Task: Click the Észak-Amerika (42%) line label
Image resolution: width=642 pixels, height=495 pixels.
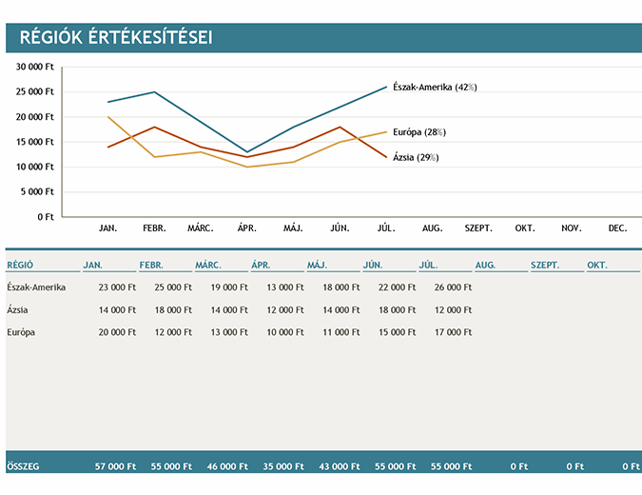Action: pyautogui.click(x=435, y=88)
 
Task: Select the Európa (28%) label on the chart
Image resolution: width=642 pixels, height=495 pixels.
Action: pyautogui.click(x=419, y=132)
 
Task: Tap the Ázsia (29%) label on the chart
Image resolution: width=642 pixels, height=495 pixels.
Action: pyautogui.click(x=416, y=157)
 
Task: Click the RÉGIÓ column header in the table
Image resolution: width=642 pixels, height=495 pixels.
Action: pyautogui.click(x=21, y=265)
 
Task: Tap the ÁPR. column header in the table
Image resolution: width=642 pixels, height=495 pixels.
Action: pyautogui.click(x=262, y=265)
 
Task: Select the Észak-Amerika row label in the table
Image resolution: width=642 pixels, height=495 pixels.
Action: pyautogui.click(x=36, y=287)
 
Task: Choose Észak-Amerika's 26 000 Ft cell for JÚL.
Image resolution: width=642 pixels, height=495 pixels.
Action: pyautogui.click(x=452, y=287)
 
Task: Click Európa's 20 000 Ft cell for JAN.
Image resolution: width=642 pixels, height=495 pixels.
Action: pyautogui.click(x=117, y=331)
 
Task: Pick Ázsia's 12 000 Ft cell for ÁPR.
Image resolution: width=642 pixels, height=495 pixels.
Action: pyautogui.click(x=284, y=309)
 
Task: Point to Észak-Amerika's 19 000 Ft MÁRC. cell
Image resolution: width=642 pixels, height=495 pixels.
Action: pyautogui.click(x=228, y=287)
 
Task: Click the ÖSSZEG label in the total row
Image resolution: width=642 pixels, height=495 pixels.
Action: pyautogui.click(x=23, y=466)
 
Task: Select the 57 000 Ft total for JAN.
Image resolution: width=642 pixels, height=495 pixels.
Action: pyautogui.click(x=116, y=466)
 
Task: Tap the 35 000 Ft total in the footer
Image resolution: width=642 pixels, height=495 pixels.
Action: pyautogui.click(x=284, y=466)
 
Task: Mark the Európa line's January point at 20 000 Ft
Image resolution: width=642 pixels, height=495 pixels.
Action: pyautogui.click(x=108, y=117)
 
